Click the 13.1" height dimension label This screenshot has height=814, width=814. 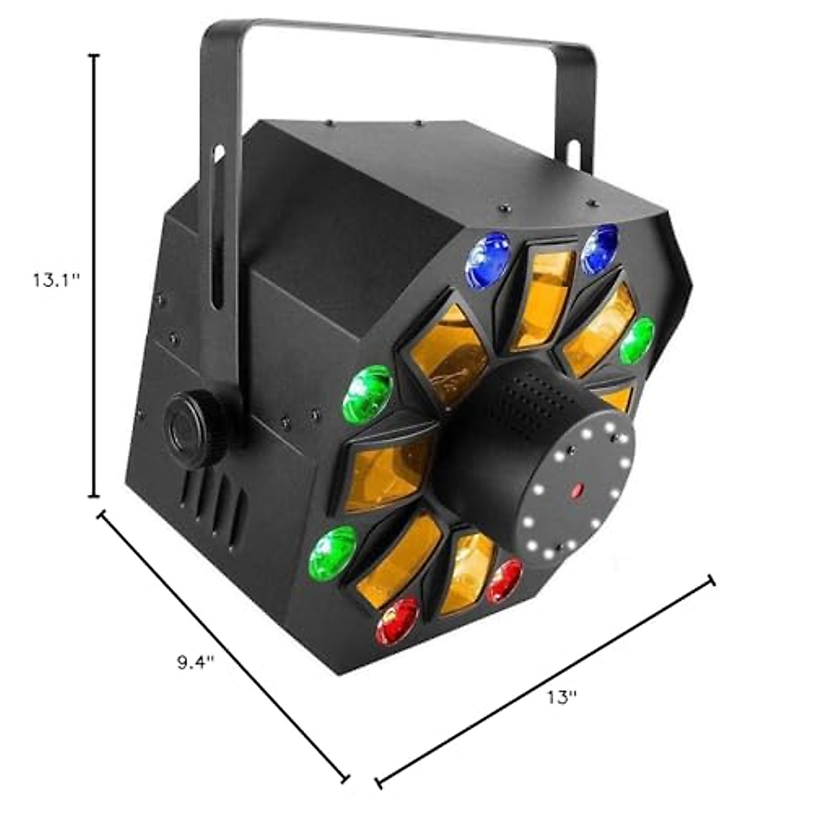[56, 280]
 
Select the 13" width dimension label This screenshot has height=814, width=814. [562, 698]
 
